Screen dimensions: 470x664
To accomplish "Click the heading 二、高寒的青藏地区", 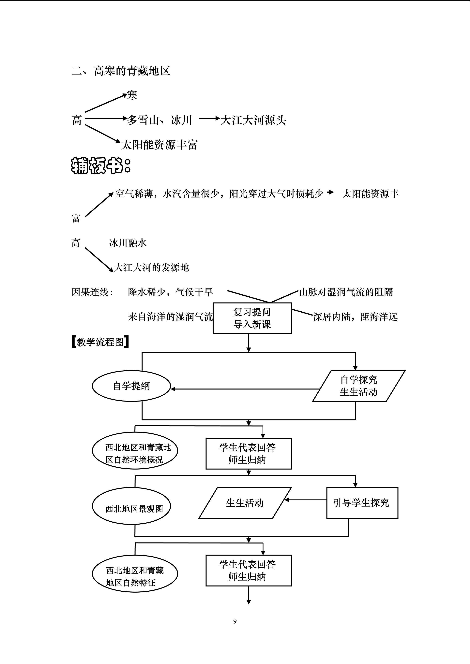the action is point(121,71).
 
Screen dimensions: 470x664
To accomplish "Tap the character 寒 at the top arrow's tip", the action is point(132,95).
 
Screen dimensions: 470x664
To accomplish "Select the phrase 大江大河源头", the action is point(253,120).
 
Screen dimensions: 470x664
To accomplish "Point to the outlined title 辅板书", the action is point(101,166).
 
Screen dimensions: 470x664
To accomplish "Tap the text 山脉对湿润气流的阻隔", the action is point(346,292).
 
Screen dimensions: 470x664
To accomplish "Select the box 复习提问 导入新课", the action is point(252,318).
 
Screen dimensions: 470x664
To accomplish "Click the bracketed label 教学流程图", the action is point(100,342).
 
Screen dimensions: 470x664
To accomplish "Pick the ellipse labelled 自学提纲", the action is point(131,386).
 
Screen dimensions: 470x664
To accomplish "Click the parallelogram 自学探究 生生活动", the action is point(359,386).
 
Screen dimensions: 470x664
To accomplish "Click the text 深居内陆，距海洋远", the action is point(355,317).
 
